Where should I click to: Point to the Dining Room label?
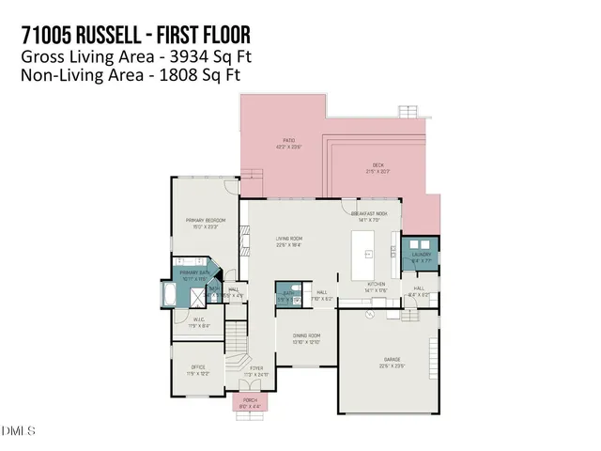pyautogui.click(x=306, y=335)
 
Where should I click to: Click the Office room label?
pyautogui.click(x=198, y=367)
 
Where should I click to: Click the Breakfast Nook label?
pyautogui.click(x=369, y=214)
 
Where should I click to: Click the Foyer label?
pyautogui.click(x=255, y=368)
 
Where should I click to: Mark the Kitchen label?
pyautogui.click(x=376, y=284)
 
